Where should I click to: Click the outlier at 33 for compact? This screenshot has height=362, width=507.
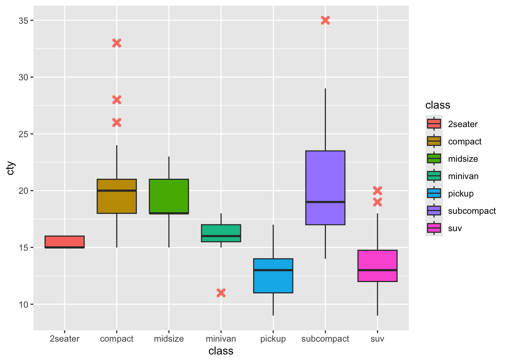pyautogui.click(x=117, y=43)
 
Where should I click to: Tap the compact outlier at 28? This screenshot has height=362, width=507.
pyautogui.click(x=117, y=100)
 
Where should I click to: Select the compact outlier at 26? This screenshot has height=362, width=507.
pyautogui.click(x=117, y=123)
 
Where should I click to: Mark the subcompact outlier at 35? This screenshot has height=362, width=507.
pyautogui.click(x=325, y=20)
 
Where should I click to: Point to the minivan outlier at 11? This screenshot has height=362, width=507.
pyautogui.click(x=221, y=293)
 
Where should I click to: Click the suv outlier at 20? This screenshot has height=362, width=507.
pyautogui.click(x=377, y=190)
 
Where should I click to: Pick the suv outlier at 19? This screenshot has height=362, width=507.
pyautogui.click(x=377, y=202)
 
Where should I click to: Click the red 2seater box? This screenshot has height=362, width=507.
pyautogui.click(x=65, y=242)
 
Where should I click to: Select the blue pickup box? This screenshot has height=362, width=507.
pyautogui.click(x=273, y=281)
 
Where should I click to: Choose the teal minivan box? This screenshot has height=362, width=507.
pyautogui.click(x=221, y=230)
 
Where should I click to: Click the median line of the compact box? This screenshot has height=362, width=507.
pyautogui.click(x=117, y=190)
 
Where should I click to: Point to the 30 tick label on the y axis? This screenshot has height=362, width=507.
pyautogui.click(x=23, y=77)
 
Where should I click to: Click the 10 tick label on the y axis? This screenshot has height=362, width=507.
pyautogui.click(x=23, y=304)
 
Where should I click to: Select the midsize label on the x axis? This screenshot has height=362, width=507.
pyautogui.click(x=169, y=339)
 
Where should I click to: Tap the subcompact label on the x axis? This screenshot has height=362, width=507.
pyautogui.click(x=325, y=339)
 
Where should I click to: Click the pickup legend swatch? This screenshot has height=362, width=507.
pyautogui.click(x=434, y=193)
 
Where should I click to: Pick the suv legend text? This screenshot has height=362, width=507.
pyautogui.click(x=455, y=228)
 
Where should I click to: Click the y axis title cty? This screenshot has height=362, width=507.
pyautogui.click(x=11, y=168)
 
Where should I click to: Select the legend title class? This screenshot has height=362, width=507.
pyautogui.click(x=438, y=105)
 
